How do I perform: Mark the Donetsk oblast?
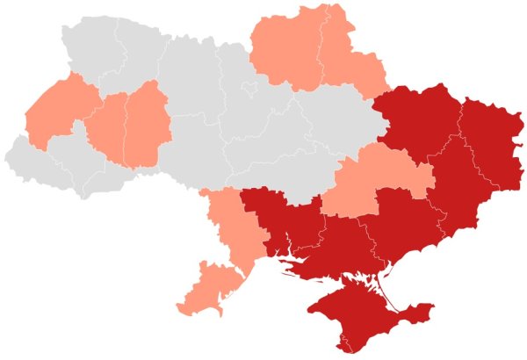457,184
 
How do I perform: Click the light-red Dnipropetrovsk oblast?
378,180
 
